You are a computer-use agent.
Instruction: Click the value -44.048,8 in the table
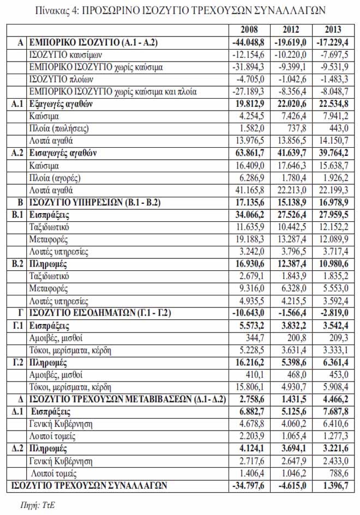249,41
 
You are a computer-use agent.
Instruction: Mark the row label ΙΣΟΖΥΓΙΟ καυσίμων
65,54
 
